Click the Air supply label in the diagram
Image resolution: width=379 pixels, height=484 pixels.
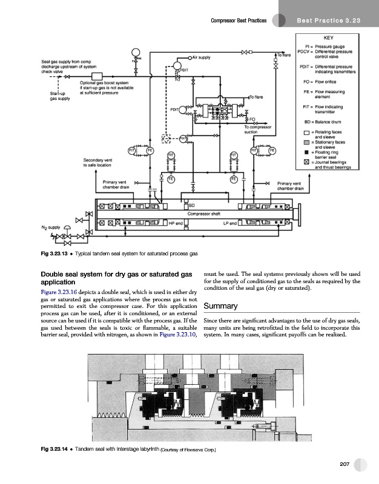(x=201, y=57)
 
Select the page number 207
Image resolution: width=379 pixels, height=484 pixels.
(x=346, y=463)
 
